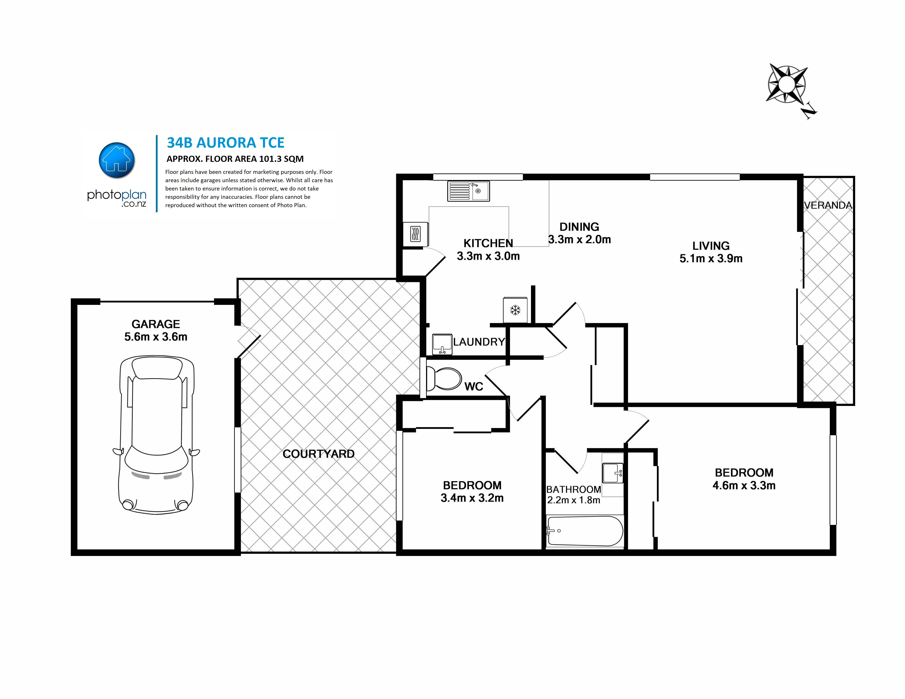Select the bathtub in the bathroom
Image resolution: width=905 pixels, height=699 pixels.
coord(585,531)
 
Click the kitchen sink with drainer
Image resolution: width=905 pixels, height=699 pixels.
coord(468,191)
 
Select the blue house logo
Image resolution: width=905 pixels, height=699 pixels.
coord(117,160)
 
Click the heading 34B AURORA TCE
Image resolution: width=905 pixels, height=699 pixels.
coord(225,143)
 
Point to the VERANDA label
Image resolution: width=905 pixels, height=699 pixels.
coord(828,205)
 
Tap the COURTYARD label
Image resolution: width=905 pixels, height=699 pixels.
coord(318,454)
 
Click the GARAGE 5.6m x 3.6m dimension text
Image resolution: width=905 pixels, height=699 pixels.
coord(156,330)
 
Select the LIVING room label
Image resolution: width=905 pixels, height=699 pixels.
coord(711,246)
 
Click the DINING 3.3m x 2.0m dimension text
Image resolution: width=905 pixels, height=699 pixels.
coord(579,233)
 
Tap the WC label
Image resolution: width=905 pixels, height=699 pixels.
coord(474,386)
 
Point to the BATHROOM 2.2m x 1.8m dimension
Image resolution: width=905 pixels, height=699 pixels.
coord(574,495)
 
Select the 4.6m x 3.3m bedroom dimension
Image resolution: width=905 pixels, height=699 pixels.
coord(744,486)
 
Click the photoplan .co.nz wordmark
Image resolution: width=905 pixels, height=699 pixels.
coord(117,198)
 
